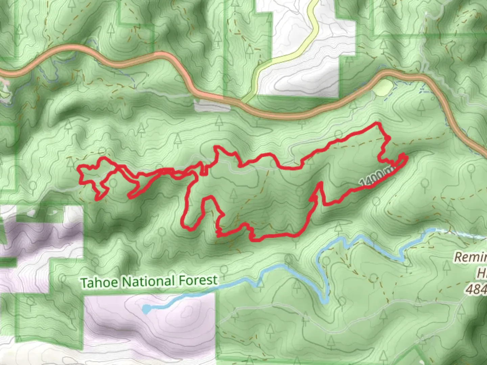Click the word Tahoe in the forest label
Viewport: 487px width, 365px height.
pyautogui.click(x=99, y=282)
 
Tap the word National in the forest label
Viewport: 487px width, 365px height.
pyautogui.click(x=149, y=281)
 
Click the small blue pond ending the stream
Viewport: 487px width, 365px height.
pyautogui.click(x=146, y=309)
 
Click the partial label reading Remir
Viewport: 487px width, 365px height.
pyautogui.click(x=470, y=257)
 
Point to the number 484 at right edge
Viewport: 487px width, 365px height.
pyautogui.click(x=478, y=289)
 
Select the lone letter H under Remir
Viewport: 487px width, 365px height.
pyautogui.click(x=482, y=273)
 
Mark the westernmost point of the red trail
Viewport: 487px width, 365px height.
pyautogui.click(x=79, y=168)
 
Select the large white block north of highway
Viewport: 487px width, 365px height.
pyautogui.click(x=304, y=68)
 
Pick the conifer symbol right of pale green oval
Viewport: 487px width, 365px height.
pyautogui.click(x=421, y=106)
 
